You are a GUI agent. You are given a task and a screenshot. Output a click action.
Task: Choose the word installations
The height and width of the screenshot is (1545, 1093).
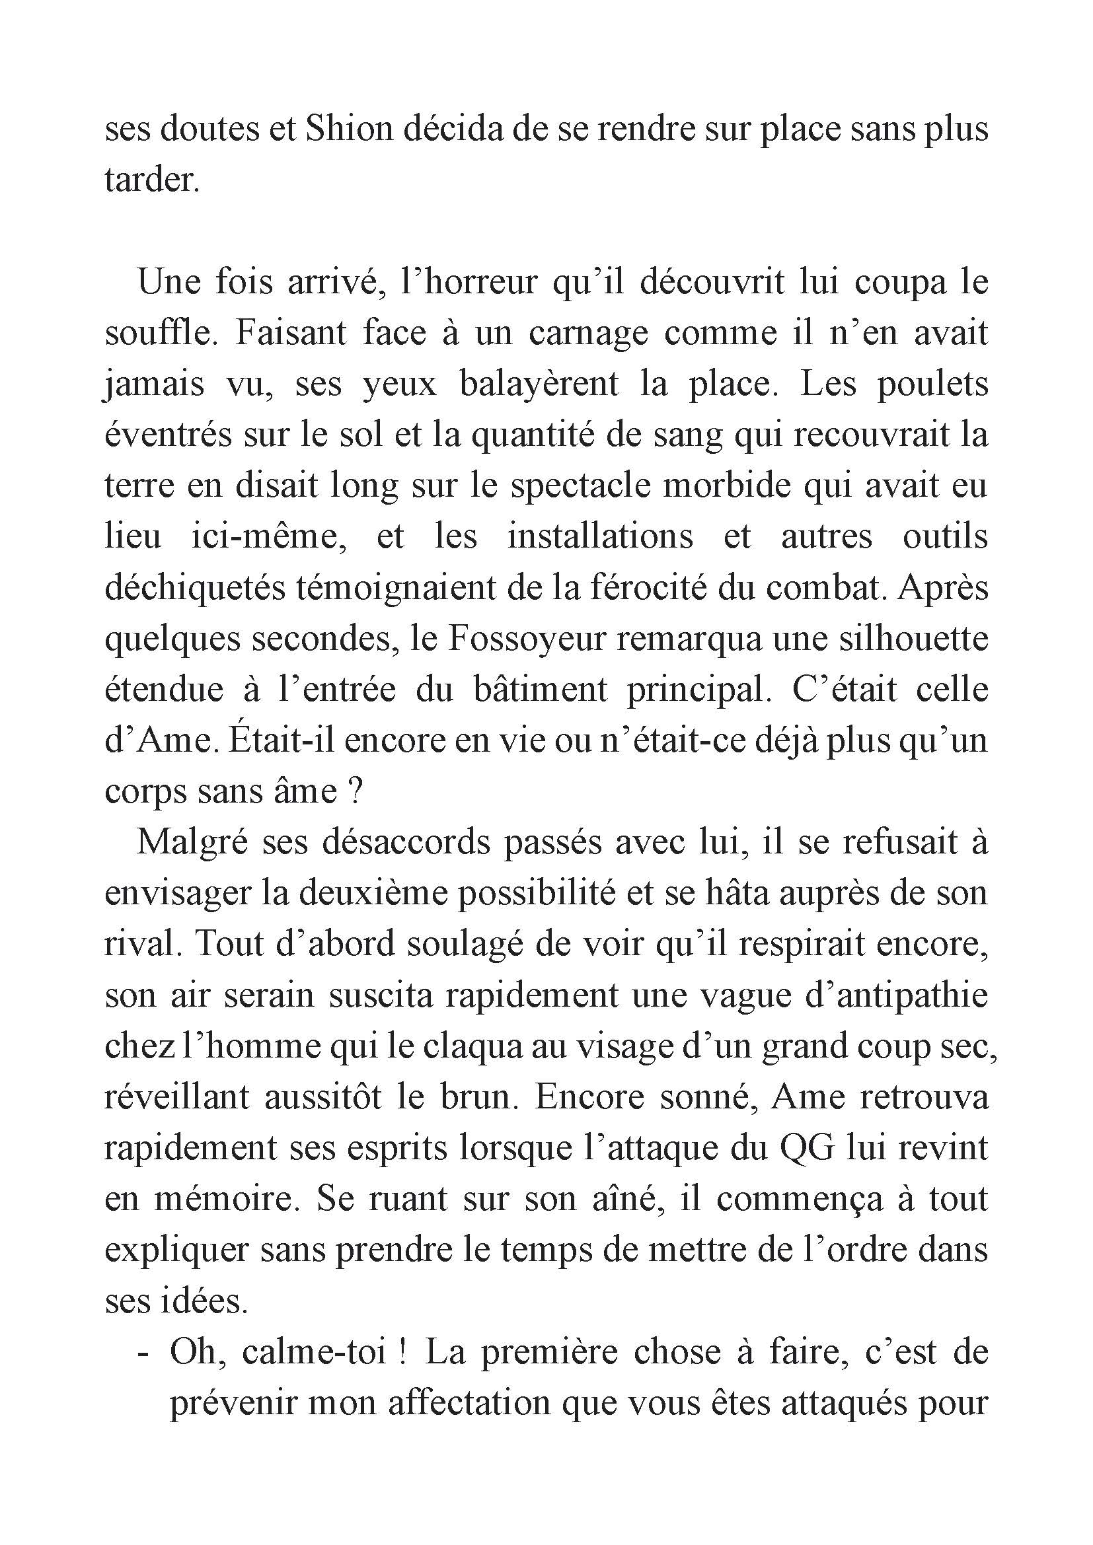click(x=599, y=537)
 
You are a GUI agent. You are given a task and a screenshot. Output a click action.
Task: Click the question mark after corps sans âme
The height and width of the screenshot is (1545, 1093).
click(x=357, y=792)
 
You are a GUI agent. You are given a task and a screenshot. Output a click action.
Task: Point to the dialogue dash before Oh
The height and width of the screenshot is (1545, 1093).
click(x=142, y=1353)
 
